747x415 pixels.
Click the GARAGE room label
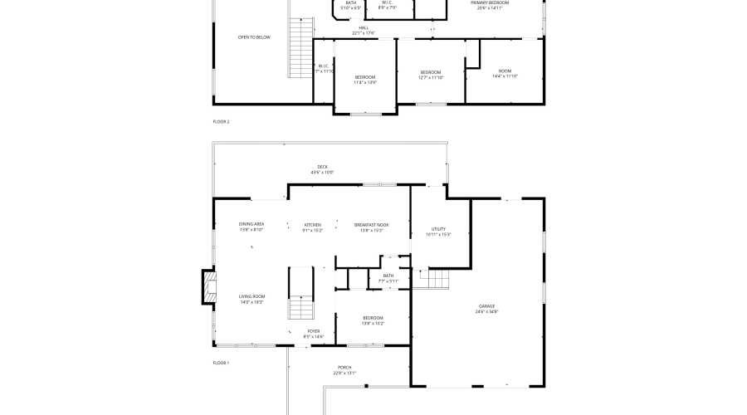point(486,306)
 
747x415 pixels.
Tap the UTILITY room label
point(438,229)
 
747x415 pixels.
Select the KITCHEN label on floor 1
point(312,225)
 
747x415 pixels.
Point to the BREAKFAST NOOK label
point(371,225)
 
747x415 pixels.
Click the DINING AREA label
point(251,224)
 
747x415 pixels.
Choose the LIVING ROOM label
point(251,296)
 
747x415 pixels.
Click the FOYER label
point(314,331)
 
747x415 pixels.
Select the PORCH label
point(344,368)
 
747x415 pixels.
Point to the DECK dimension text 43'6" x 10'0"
point(322,173)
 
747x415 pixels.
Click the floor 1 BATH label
point(388,276)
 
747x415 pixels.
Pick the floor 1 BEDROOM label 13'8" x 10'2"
point(373,318)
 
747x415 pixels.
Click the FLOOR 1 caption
point(221,363)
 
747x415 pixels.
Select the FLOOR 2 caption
point(221,122)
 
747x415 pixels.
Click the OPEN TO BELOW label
point(254,37)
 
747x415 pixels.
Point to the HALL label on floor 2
point(364,27)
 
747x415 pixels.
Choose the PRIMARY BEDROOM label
point(490,2)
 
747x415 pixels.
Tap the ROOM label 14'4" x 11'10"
point(505,71)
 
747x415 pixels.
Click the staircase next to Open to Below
point(299,48)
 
